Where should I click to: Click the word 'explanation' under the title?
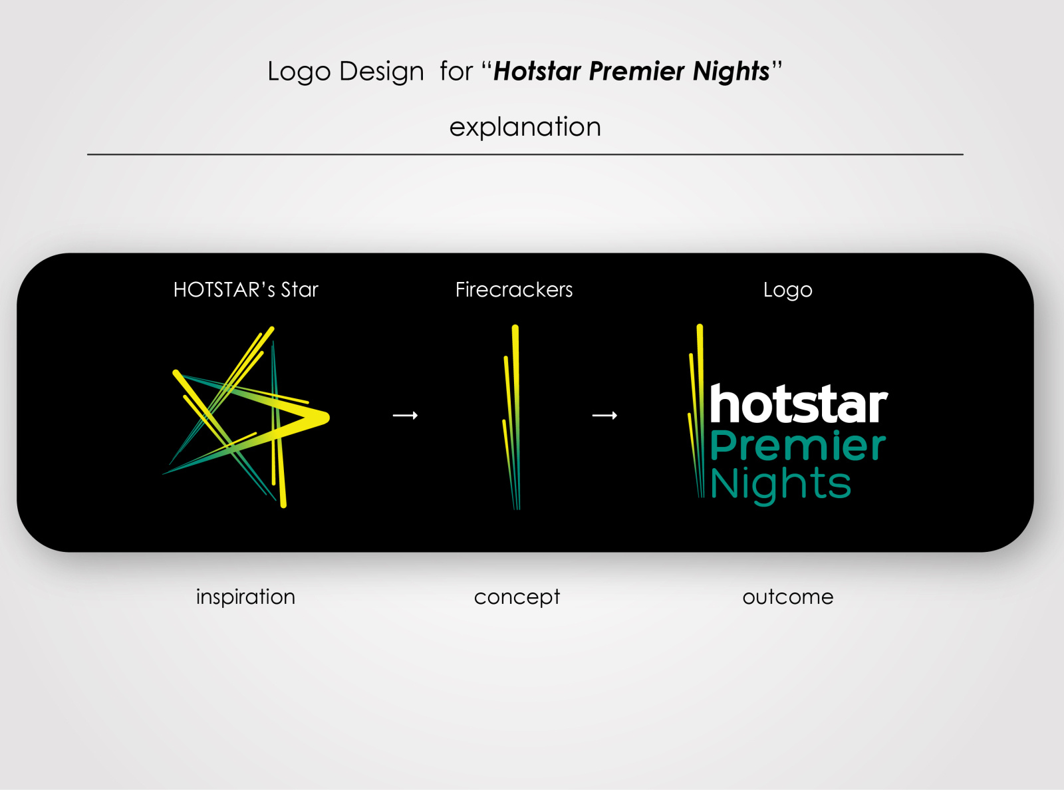pyautogui.click(x=525, y=128)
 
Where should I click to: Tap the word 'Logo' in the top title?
pyautogui.click(x=299, y=72)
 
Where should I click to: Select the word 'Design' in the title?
pyautogui.click(x=381, y=71)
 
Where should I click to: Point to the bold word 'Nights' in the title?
pyautogui.click(x=731, y=72)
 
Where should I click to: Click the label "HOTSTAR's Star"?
pyautogui.click(x=245, y=290)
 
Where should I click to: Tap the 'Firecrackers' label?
pyautogui.click(x=514, y=290)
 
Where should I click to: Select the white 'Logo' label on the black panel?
pyautogui.click(x=787, y=290)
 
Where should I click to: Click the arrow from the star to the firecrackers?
pyautogui.click(x=406, y=415)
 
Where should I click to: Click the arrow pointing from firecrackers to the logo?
pyautogui.click(x=605, y=415)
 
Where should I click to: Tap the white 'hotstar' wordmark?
pyautogui.click(x=799, y=404)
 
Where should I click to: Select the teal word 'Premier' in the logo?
pyautogui.click(x=798, y=445)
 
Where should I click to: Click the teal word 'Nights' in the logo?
pyautogui.click(x=781, y=485)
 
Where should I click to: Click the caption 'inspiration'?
pyautogui.click(x=245, y=597)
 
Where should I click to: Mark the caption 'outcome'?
pyautogui.click(x=787, y=597)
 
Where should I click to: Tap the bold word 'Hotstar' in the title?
pyautogui.click(x=537, y=71)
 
